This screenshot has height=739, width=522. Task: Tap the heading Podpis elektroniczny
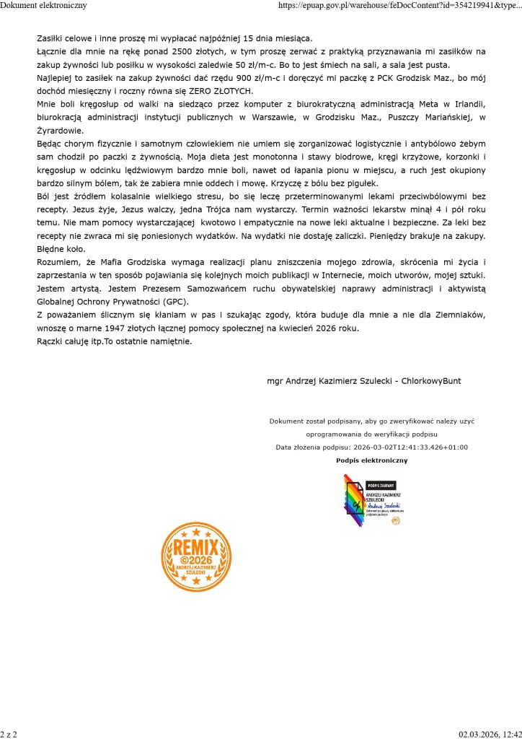372,460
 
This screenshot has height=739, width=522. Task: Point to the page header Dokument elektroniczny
44,5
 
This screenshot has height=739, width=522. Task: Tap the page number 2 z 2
9,734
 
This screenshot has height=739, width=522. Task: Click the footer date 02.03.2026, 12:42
490,734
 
